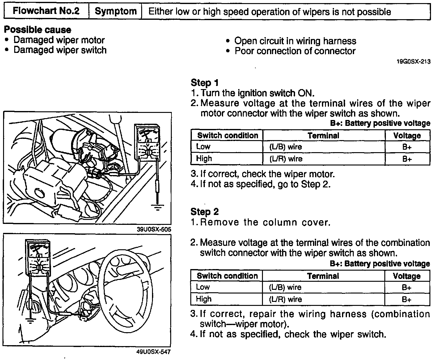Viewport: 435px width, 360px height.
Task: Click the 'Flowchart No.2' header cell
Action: click(46, 11)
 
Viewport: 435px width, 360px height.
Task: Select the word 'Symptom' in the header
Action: click(115, 11)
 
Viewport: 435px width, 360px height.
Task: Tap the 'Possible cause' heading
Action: click(37, 30)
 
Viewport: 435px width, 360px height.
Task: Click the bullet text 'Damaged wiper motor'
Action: click(59, 40)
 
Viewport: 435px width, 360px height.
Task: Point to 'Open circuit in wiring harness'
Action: click(295, 41)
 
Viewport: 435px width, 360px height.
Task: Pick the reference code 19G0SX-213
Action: click(413, 62)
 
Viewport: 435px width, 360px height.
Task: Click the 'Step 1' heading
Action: click(205, 83)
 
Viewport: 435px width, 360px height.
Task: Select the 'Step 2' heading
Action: click(205, 212)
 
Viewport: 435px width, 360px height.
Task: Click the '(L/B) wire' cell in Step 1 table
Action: click(285, 147)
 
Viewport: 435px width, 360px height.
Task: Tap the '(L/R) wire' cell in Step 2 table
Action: click(285, 299)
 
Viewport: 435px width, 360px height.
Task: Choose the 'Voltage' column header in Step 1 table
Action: click(407, 135)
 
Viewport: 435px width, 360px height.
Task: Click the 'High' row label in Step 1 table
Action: click(204, 159)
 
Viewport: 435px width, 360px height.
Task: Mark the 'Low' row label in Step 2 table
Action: click(203, 287)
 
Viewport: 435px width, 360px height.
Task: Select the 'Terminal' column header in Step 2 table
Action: click(323, 276)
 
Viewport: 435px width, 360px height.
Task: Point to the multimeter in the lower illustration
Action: click(38, 257)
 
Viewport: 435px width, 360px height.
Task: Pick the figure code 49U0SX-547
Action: click(154, 352)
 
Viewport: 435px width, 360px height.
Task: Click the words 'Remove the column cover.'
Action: click(265, 222)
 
